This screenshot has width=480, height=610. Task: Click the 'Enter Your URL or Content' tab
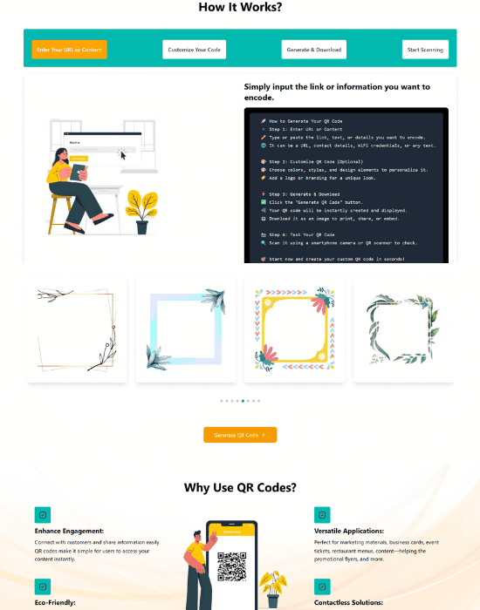69,50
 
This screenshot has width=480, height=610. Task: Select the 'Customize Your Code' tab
194,50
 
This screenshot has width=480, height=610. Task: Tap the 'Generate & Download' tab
313,50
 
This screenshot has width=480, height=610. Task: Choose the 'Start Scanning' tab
425,50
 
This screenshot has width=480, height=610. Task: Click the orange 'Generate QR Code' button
240,434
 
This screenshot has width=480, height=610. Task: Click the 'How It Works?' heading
240,7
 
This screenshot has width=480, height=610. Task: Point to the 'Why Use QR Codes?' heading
240,487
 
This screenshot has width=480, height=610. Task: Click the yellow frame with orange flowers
294,330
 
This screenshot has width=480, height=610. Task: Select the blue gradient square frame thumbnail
186,330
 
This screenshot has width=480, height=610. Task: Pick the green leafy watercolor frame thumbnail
402,330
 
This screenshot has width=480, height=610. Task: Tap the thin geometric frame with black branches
77,330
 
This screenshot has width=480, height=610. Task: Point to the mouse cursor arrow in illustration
123,155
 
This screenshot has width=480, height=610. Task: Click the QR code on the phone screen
231,566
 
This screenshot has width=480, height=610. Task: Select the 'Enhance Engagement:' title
69,530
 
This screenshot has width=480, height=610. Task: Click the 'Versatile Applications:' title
348,530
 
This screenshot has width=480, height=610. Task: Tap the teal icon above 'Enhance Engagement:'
41,514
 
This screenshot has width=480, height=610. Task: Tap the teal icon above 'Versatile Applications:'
321,514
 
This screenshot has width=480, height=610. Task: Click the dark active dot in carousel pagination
243,401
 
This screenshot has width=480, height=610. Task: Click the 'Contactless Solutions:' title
347,602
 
